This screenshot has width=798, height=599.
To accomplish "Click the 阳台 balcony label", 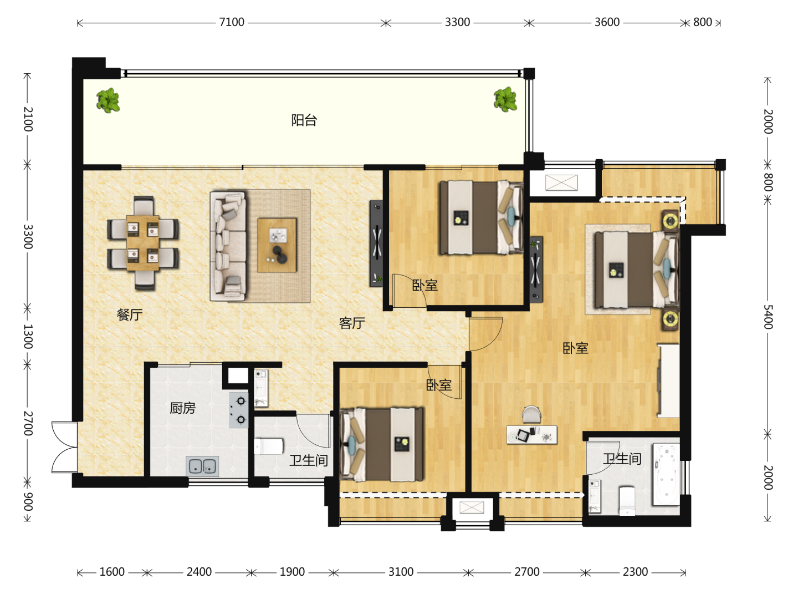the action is coord(304,120).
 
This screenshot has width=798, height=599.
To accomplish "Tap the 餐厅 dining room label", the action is coord(130,314).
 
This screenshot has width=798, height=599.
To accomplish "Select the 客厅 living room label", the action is coord(351,323).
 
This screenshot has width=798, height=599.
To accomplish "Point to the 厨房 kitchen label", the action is coord(182,408).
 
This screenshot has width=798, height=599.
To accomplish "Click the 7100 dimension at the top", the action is coord(232,22).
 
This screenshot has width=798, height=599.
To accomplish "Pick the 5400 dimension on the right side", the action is coord(768,317).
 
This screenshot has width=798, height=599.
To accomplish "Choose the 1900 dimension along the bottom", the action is coord(292,572).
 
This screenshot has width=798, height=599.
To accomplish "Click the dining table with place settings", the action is coord(143,243).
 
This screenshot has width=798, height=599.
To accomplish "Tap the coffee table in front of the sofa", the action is coord(277,245).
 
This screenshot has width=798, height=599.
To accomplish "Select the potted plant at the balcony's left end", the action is coord(108,100).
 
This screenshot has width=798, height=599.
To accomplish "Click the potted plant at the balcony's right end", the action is coord(505,99).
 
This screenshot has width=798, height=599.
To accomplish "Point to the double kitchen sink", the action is coord(202,466).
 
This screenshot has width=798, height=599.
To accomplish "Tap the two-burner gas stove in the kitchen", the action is coord(239,410).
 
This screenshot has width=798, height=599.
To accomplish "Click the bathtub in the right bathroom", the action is coord(667,474).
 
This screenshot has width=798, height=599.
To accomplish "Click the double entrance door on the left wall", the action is coord(64,448).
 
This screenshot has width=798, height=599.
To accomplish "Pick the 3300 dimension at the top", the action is coord(457,22).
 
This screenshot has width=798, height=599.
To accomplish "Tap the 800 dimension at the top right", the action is coord(702,22).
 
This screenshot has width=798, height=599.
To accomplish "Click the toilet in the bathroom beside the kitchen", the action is coord(268,446).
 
